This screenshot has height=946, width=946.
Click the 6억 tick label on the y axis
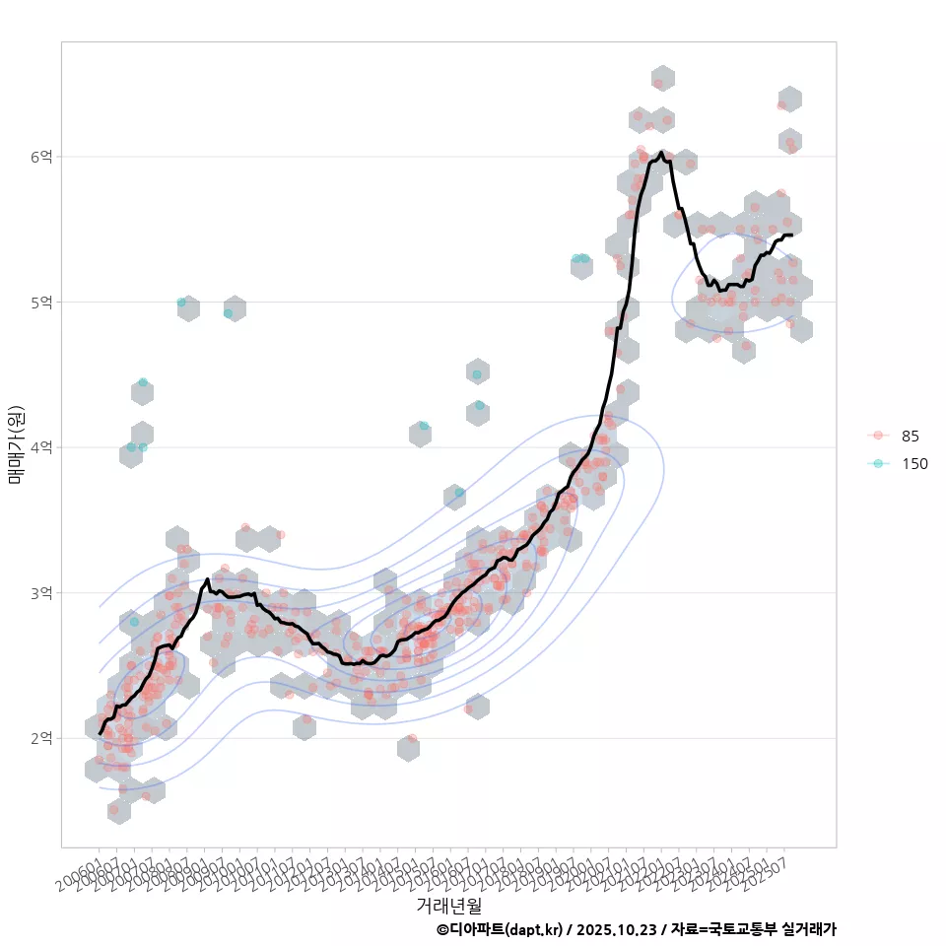[x=41, y=157]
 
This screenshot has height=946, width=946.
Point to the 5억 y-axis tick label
[x=41, y=302]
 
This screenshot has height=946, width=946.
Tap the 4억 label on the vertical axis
[x=41, y=447]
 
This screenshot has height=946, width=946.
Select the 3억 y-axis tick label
[x=41, y=593]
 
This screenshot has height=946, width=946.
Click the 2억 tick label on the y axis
[x=41, y=738]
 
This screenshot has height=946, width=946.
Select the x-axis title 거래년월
[x=448, y=904]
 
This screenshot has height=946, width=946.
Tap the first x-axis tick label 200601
[x=78, y=874]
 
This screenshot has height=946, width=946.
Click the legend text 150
[x=914, y=464]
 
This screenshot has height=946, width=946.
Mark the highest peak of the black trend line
[x=660, y=153]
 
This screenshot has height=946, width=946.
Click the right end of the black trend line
[x=791, y=235]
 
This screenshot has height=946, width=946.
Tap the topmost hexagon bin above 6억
[x=662, y=79]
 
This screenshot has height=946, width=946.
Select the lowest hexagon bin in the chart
[x=119, y=811]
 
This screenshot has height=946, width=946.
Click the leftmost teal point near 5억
[x=181, y=303]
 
